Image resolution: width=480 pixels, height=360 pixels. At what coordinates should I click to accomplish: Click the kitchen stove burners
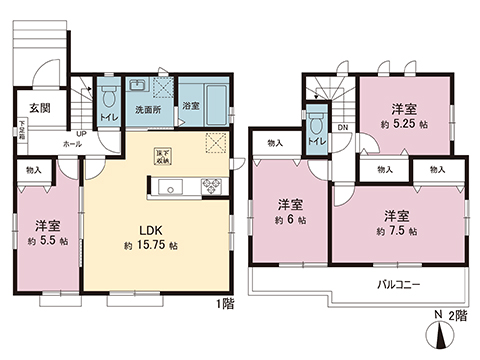(x=212, y=184)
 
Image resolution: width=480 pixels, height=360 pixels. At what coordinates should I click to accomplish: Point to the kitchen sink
(x=167, y=185)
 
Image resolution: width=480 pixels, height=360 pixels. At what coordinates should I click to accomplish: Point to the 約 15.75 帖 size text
(x=151, y=245)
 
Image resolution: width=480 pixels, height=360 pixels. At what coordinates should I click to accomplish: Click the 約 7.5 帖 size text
(x=397, y=231)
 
